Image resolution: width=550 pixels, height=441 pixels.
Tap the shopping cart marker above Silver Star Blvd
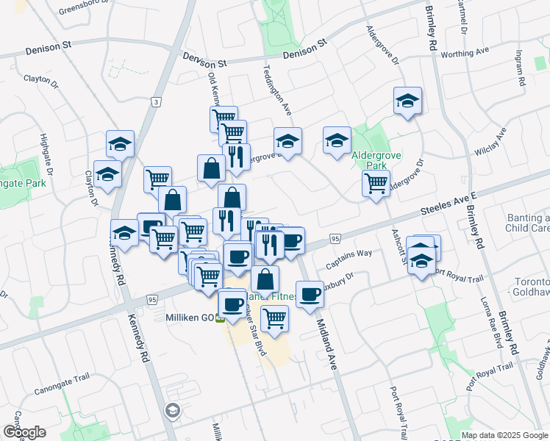tap(274, 318)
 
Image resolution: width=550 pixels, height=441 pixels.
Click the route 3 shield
tap(156, 102)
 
